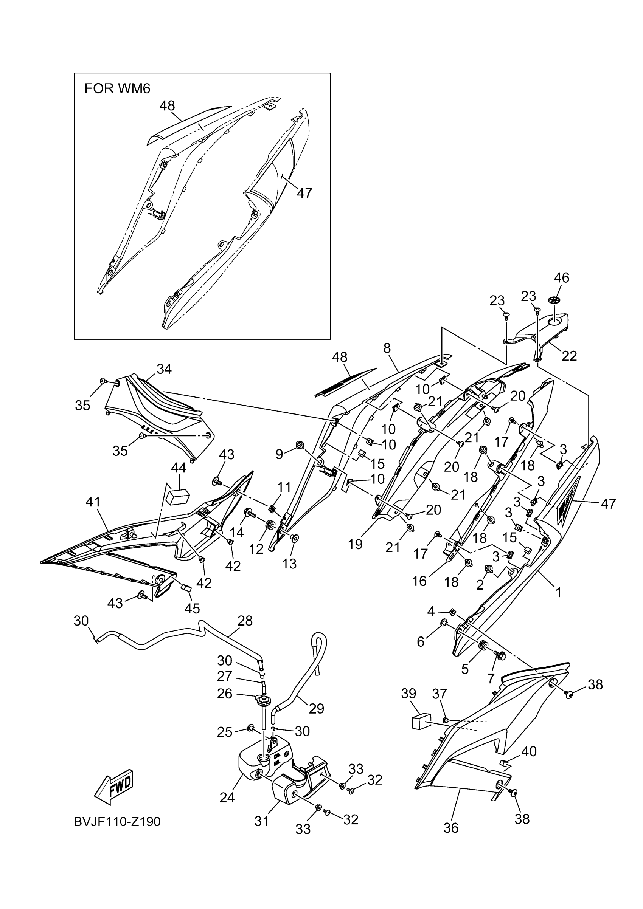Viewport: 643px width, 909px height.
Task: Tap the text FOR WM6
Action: [117, 89]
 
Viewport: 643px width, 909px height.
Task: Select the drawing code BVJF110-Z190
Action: [117, 822]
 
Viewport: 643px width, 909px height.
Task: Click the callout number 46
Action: [561, 278]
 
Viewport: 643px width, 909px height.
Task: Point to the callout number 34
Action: [164, 369]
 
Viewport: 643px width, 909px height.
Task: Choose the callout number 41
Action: [93, 502]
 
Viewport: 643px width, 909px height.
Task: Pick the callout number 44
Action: [178, 468]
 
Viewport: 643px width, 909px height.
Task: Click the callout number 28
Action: [245, 620]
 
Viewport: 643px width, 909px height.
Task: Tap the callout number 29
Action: [316, 708]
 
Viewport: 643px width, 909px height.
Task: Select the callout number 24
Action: [227, 798]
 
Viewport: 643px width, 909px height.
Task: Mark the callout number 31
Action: [262, 822]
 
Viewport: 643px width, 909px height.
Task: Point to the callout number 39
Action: [408, 694]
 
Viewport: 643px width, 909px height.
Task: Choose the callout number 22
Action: [569, 356]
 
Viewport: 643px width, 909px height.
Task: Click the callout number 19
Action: [356, 544]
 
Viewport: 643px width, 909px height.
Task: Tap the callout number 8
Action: [387, 348]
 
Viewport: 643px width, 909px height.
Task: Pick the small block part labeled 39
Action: [421, 722]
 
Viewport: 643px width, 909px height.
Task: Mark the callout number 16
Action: [419, 581]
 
